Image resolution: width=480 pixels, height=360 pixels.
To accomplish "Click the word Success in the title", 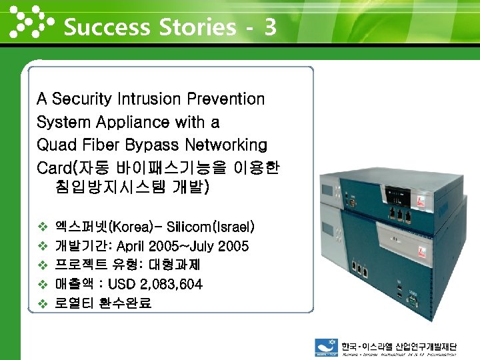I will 107,27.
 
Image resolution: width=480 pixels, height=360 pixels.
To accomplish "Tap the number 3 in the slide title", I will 270,27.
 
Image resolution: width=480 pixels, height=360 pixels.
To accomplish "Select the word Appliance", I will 132,123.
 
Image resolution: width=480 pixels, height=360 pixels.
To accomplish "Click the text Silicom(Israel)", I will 211,227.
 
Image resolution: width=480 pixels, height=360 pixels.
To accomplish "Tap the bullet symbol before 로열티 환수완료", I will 43,303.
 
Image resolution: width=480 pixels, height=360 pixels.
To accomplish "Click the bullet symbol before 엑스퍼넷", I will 43,227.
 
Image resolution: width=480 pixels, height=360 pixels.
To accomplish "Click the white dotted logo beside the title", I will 30,21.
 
